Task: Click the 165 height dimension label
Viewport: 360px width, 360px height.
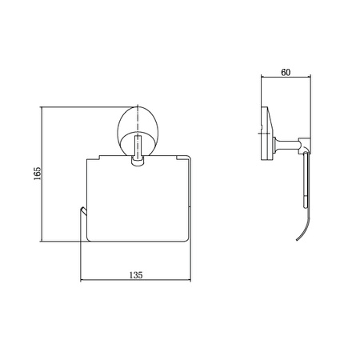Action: [38, 174]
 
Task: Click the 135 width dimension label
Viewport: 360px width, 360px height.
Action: [136, 275]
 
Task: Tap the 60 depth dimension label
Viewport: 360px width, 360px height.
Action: [286, 72]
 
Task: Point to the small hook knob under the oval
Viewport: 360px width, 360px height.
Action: [138, 162]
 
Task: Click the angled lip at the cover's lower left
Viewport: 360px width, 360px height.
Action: [83, 211]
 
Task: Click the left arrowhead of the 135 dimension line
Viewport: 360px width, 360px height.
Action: [82, 280]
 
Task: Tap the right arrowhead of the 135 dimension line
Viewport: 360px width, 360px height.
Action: [189, 280]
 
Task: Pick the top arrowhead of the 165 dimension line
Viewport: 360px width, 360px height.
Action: [41, 108]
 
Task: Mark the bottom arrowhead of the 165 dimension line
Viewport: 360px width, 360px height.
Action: [41, 239]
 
